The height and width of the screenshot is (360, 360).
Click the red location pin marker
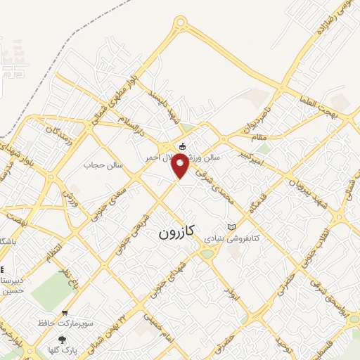tap(180, 166)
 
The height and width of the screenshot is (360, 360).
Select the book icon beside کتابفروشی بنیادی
tap(233, 226)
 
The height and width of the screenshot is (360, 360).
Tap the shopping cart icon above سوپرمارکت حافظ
tap(65, 314)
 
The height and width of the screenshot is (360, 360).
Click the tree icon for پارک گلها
tap(63, 340)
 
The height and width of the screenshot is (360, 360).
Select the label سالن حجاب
tap(104, 165)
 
